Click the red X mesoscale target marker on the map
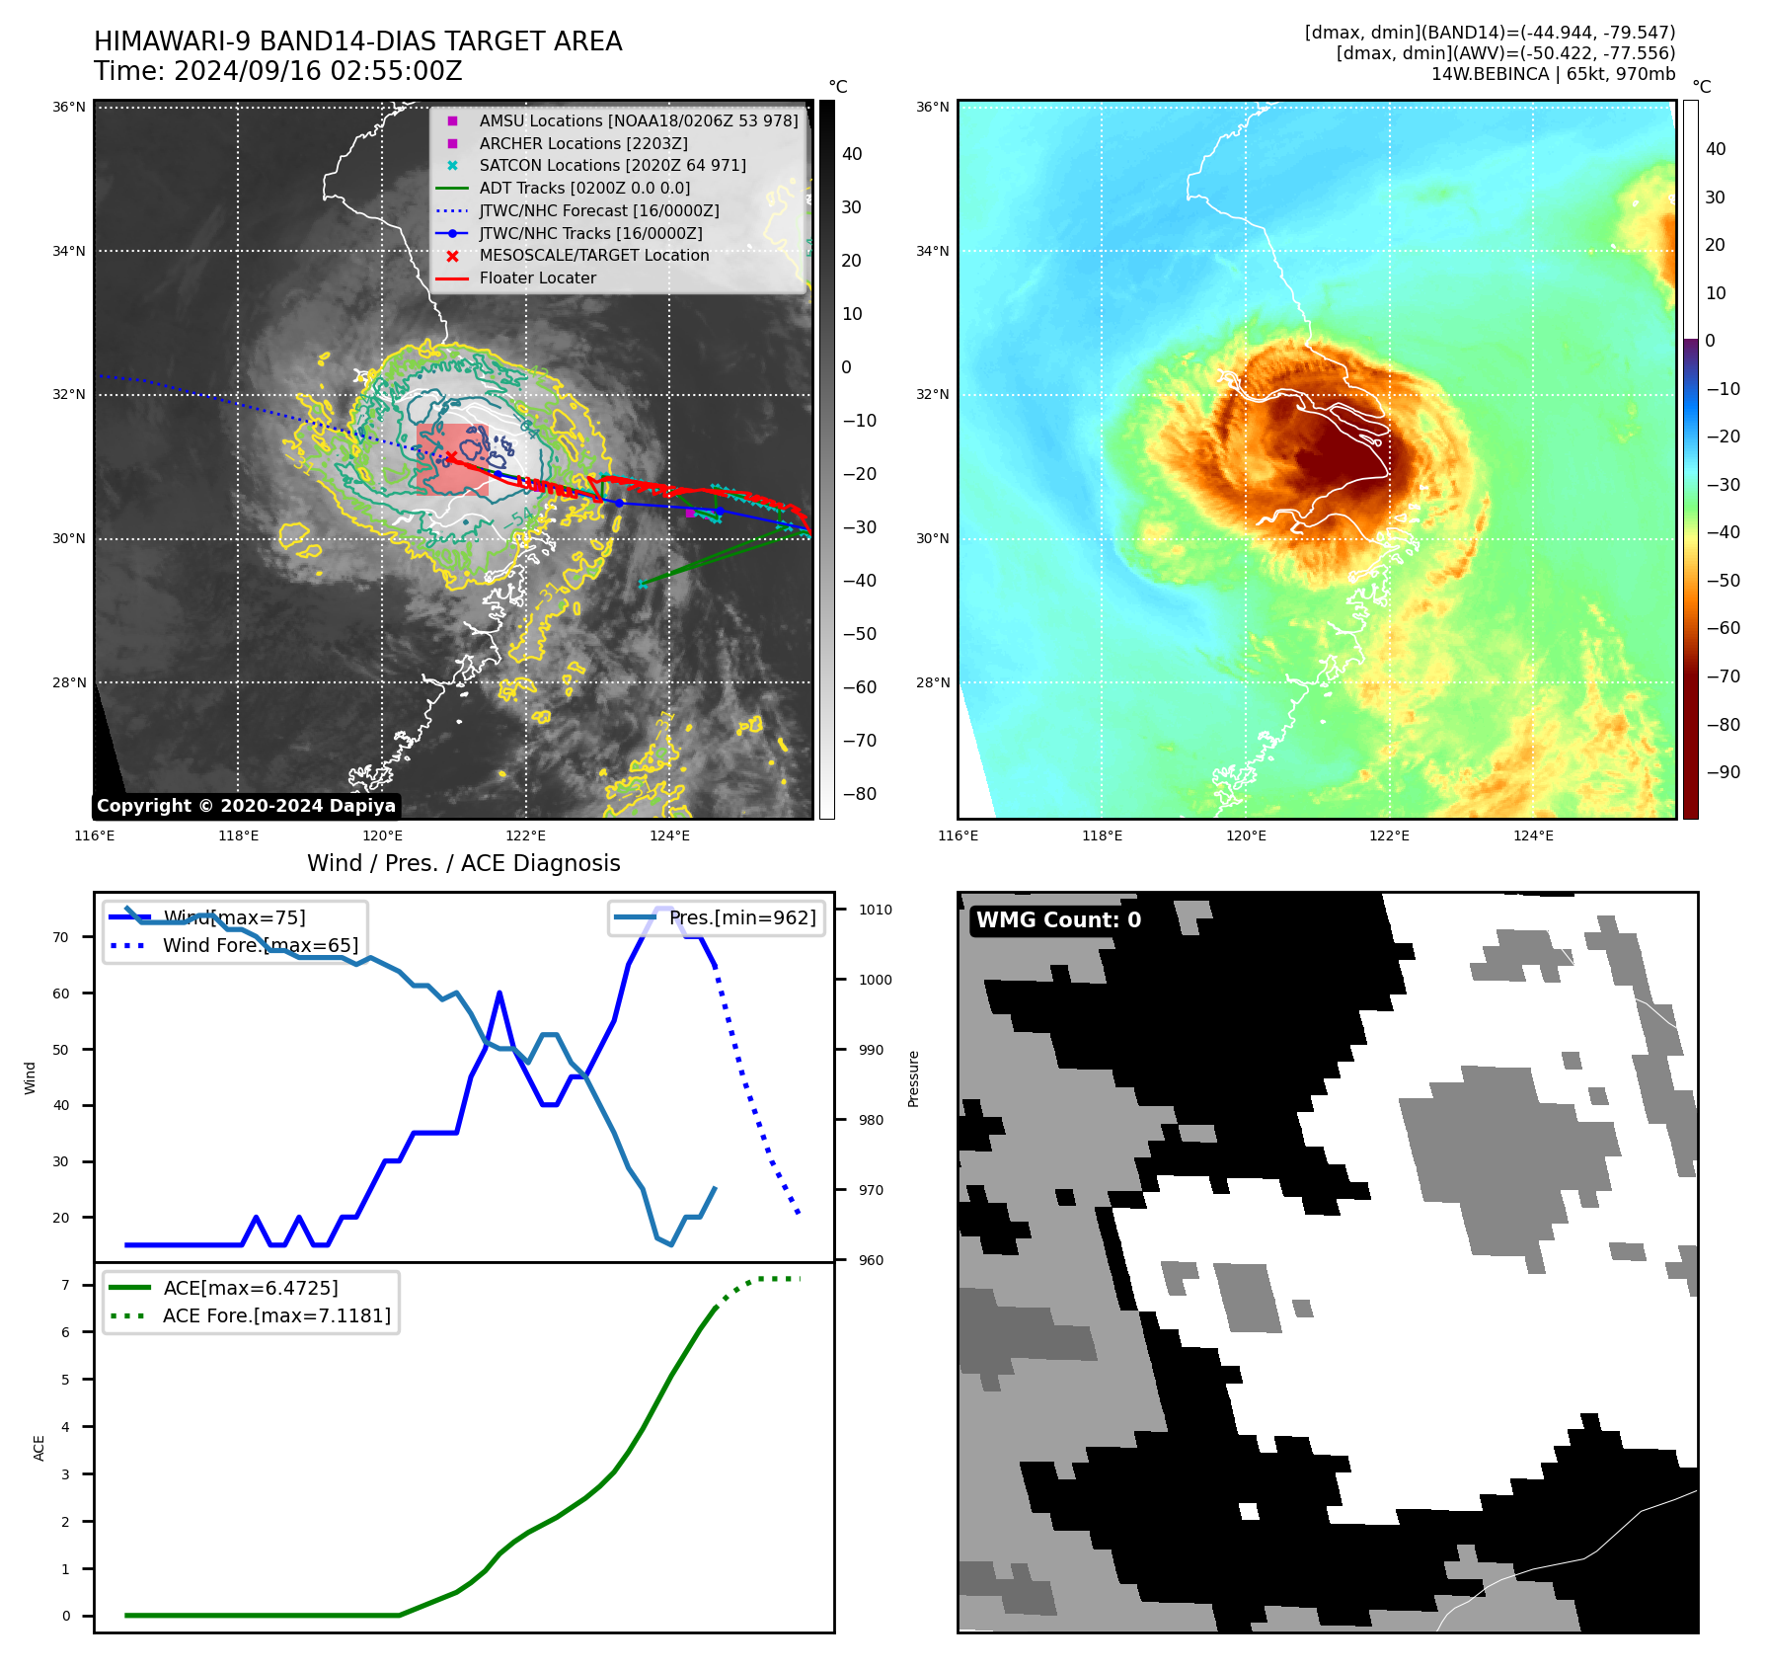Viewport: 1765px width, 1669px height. (451, 455)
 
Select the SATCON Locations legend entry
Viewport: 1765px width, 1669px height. (612, 166)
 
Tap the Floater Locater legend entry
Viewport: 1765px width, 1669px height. (537, 278)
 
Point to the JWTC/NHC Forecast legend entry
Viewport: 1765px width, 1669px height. (598, 211)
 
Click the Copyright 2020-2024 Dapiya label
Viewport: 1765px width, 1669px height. (246, 806)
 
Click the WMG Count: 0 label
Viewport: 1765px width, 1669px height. (1058, 920)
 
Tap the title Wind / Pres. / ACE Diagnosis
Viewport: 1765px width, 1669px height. (463, 863)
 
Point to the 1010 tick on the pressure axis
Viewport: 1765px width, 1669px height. (875, 911)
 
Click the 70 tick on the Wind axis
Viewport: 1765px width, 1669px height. (61, 937)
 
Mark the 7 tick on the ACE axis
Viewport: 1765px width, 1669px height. (65, 1285)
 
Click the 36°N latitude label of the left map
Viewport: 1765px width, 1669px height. (69, 107)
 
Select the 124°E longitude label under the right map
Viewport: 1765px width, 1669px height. (1533, 835)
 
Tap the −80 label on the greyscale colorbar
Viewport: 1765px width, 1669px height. (859, 794)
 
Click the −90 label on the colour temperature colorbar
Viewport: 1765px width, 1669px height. (1724, 772)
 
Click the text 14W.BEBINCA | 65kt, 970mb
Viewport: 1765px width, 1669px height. (1553, 74)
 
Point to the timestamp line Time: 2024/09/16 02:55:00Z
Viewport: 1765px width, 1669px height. (277, 71)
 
